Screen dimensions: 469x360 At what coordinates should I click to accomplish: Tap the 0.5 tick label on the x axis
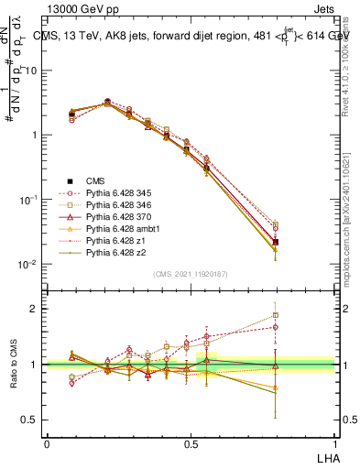(191, 443)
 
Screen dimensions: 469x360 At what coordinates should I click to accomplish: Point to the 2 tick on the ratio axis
(36, 309)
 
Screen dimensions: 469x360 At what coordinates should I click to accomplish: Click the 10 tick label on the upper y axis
(32, 71)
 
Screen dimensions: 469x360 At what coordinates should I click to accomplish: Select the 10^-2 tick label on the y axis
(30, 265)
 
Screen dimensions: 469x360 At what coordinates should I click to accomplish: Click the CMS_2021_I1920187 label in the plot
(191, 274)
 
